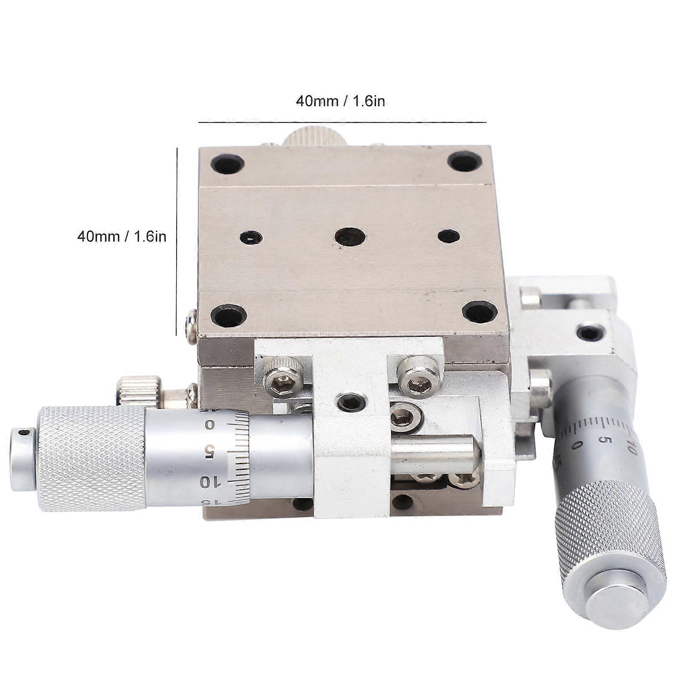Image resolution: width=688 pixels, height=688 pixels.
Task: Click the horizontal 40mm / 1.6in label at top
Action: [340, 101]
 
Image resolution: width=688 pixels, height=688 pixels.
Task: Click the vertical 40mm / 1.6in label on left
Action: [122, 236]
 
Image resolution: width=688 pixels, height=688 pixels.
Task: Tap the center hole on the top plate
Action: [350, 237]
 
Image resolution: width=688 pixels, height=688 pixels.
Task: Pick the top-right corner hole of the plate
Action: [464, 162]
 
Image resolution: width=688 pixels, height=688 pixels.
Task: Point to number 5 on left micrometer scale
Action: [210, 452]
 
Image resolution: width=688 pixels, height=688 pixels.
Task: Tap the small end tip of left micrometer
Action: [22, 459]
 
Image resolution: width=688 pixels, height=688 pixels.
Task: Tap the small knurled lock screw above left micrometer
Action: [139, 390]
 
